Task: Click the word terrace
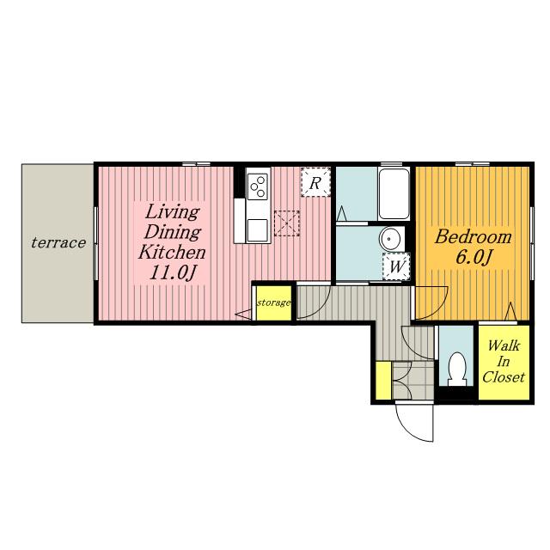(58, 242)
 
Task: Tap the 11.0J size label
(172, 272)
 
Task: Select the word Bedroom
(473, 237)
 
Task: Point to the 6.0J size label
(473, 258)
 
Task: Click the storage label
(273, 302)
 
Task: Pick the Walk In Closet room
(504, 362)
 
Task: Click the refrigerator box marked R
(315, 182)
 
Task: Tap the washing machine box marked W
(397, 266)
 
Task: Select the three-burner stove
(258, 186)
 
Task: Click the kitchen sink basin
(258, 230)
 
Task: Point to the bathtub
(394, 194)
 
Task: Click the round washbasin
(389, 239)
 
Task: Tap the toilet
(457, 369)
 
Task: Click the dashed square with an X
(287, 223)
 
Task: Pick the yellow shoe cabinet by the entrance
(383, 381)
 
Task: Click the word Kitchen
(172, 252)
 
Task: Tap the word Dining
(173, 233)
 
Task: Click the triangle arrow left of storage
(244, 315)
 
